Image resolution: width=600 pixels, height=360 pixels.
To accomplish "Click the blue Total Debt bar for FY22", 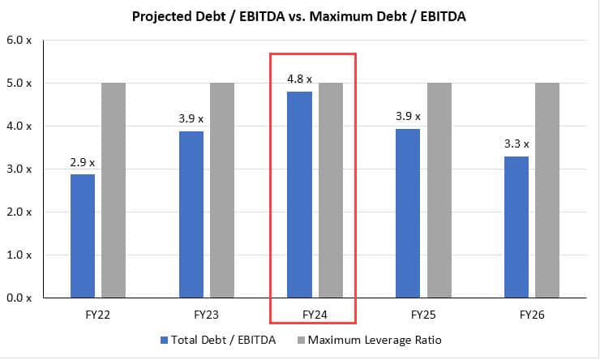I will tap(83, 236).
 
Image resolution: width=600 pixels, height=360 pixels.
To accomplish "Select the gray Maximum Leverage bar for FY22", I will tap(114, 190).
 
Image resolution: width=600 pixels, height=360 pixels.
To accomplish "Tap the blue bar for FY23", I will tap(191, 214).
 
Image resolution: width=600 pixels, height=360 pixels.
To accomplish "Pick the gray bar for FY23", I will tap(222, 190).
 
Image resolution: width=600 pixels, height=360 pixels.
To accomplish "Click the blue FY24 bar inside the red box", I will tap(299, 195).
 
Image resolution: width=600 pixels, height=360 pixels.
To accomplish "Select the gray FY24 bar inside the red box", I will tap(330, 190).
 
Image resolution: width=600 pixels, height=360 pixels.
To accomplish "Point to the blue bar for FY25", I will tap(409, 213).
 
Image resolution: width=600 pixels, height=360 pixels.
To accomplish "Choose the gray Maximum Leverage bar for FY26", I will tap(547, 190).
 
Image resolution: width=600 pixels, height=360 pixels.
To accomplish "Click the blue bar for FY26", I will tap(516, 227).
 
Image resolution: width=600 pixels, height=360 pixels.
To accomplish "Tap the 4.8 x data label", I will tap(299, 79).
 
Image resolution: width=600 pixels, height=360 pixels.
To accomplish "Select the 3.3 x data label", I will tap(516, 144).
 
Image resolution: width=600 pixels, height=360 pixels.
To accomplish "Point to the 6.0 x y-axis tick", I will tap(19, 40).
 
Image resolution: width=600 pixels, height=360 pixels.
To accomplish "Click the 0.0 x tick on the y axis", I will tap(19, 298).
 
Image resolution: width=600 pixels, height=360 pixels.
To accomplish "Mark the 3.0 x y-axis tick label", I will tap(19, 169).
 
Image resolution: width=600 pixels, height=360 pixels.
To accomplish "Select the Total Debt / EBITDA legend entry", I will tap(219, 340).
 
